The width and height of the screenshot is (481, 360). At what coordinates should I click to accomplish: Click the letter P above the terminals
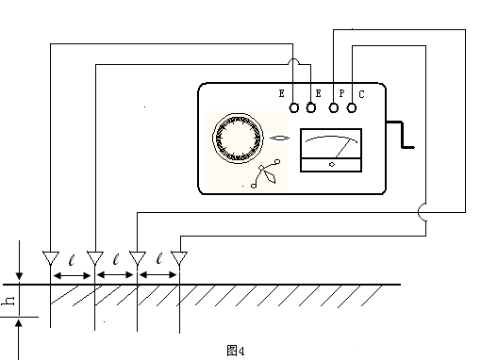[x=341, y=93]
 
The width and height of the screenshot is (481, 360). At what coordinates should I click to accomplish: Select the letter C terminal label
[x=361, y=94]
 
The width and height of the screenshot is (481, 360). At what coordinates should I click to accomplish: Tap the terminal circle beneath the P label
[x=334, y=107]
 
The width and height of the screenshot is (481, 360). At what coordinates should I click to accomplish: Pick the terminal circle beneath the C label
[x=352, y=107]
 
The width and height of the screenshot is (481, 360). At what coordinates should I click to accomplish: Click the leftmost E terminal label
[x=281, y=93]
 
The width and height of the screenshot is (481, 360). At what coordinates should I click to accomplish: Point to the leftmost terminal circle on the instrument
[x=293, y=107]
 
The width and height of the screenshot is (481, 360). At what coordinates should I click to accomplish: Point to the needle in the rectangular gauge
[x=342, y=148]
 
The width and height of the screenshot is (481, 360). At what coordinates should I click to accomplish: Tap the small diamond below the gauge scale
[x=332, y=164]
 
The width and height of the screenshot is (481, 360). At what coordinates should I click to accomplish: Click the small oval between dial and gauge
[x=279, y=138]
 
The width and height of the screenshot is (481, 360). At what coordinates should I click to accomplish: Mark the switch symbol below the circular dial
[x=265, y=173]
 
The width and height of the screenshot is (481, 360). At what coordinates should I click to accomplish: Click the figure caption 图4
[x=236, y=351]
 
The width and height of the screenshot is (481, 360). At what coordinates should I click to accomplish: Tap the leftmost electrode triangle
[x=51, y=258]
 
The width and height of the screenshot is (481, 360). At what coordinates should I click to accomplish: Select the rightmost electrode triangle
[x=179, y=258]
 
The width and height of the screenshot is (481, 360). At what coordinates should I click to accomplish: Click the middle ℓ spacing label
[x=116, y=259]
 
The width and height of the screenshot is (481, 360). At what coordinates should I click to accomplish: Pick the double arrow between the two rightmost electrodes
[x=158, y=275]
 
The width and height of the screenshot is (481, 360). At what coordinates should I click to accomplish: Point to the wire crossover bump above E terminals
[x=293, y=61]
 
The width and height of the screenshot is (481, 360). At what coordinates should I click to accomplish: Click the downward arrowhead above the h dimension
[x=20, y=277]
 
